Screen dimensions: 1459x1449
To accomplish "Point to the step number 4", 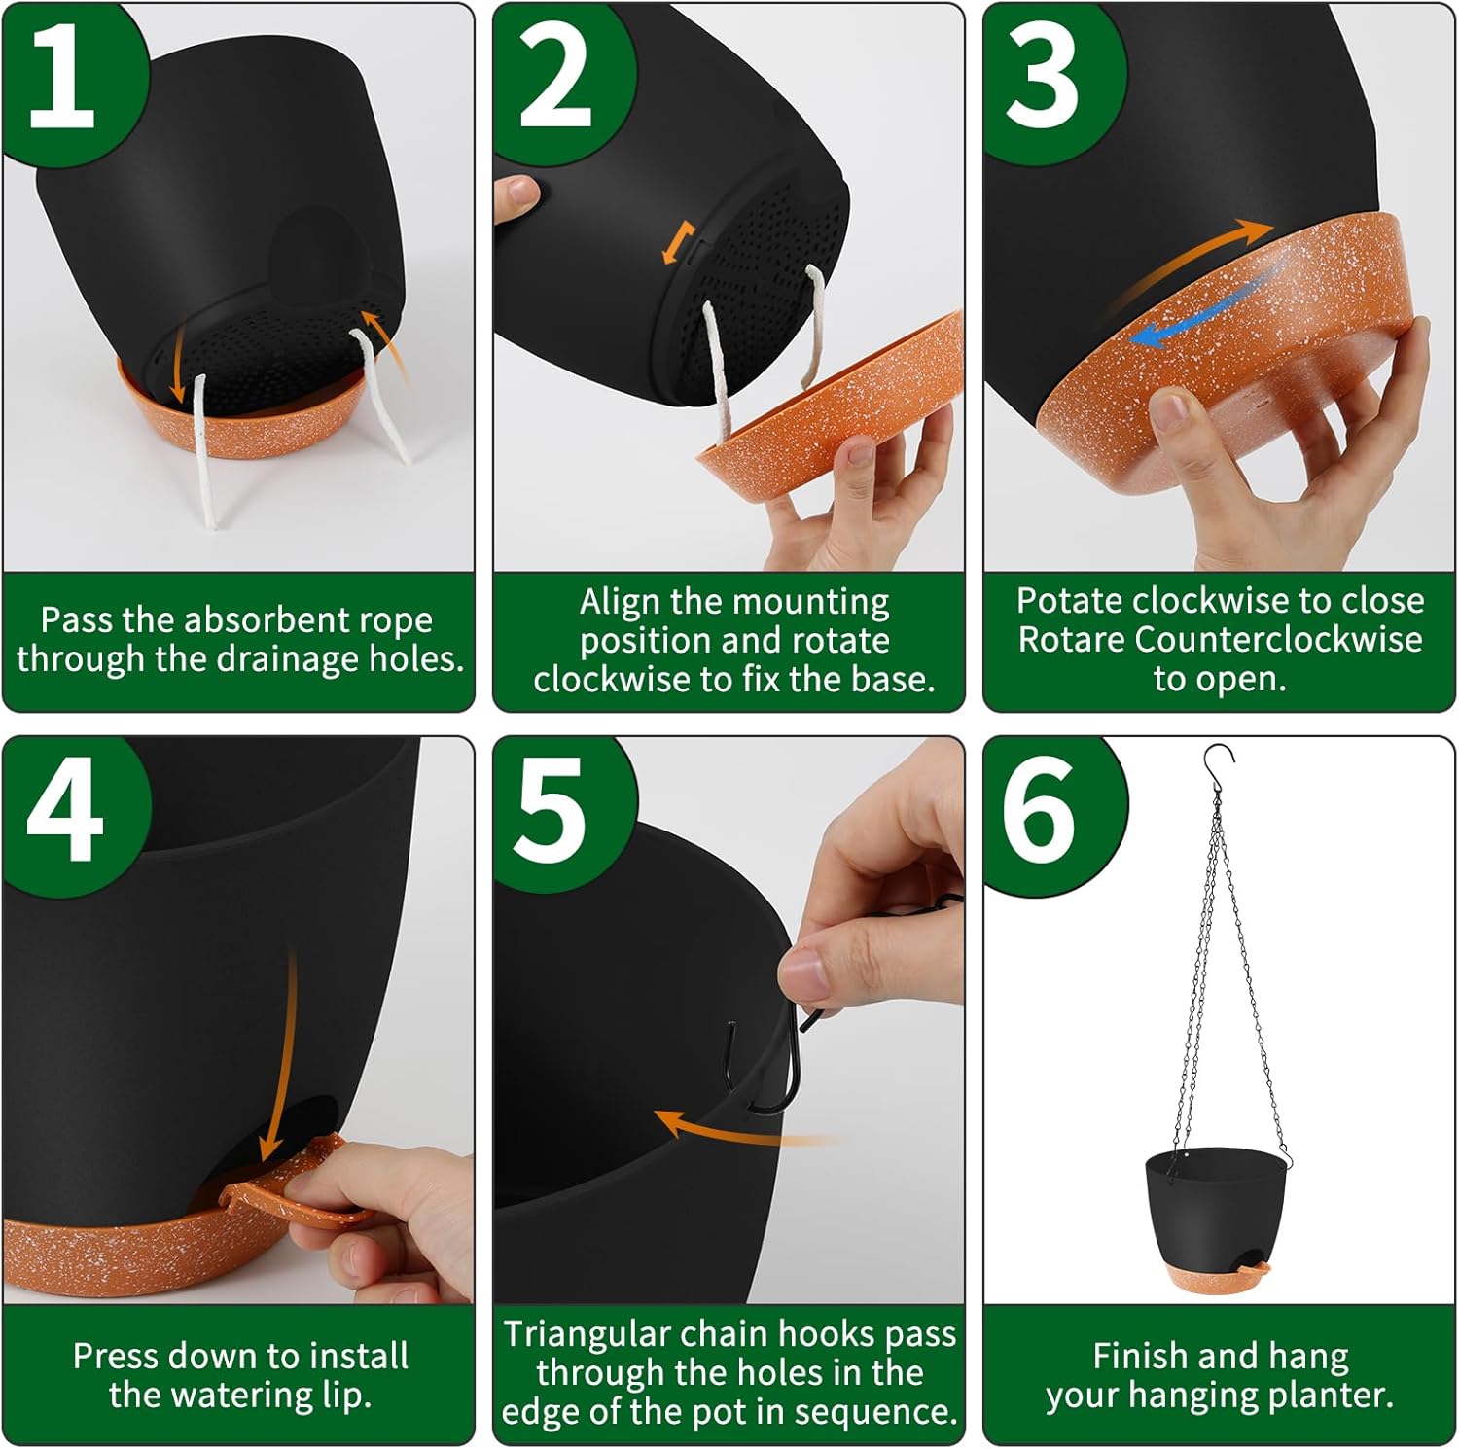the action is click(64, 810).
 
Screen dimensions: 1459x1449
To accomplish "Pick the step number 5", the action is click(551, 811).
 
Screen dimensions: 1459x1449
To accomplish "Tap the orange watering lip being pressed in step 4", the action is click(292, 1179).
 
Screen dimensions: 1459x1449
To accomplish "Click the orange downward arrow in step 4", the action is click(279, 1055).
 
